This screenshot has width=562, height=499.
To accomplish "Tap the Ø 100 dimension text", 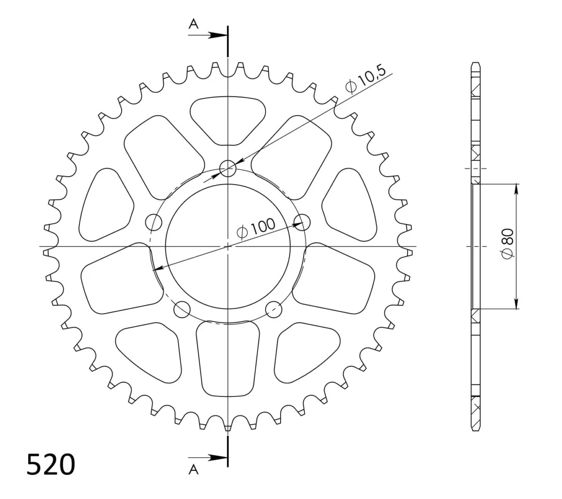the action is (256, 228).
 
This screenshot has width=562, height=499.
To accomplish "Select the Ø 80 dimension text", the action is (507, 244).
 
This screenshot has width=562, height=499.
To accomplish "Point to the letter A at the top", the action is (193, 24).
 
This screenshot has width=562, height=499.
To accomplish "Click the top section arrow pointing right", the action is (208, 35).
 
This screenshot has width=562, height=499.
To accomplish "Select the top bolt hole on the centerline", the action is (228, 168).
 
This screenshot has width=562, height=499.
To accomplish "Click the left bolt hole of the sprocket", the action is (154, 222).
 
